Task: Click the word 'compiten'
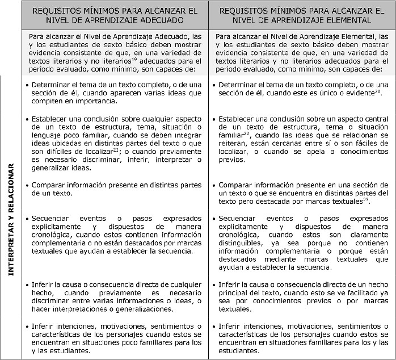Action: pyautogui.click(x=47, y=102)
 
